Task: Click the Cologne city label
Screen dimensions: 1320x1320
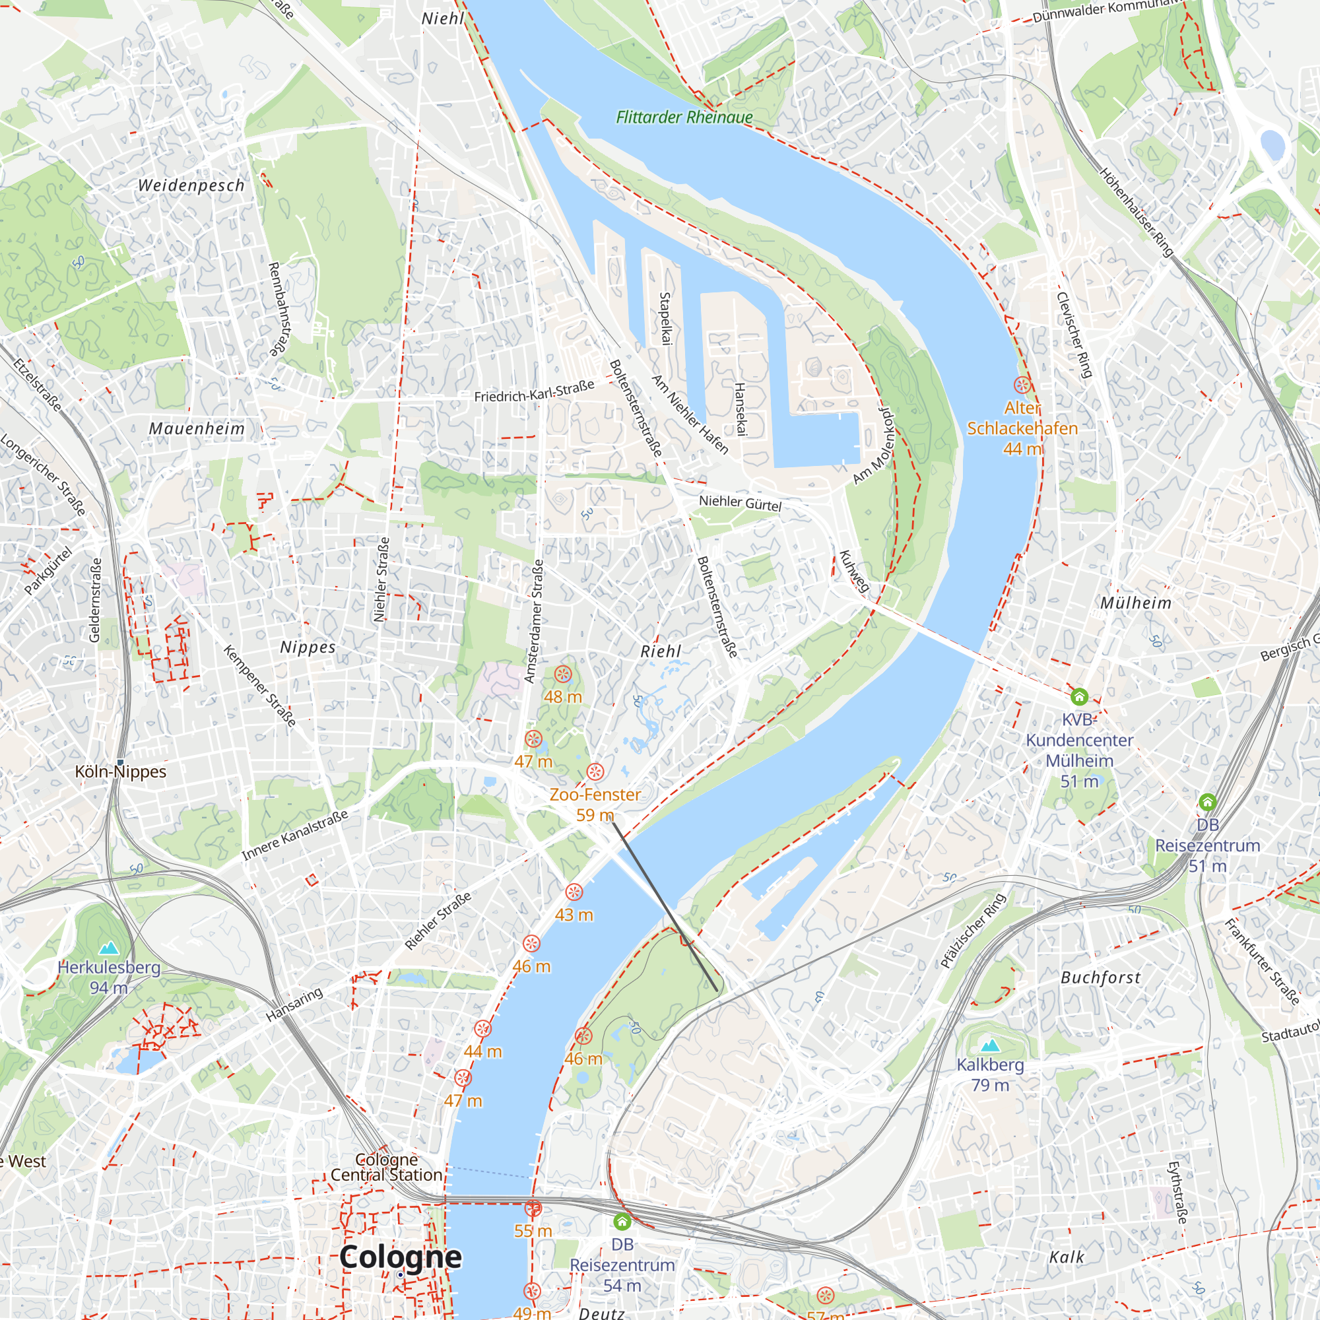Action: pos(401,1257)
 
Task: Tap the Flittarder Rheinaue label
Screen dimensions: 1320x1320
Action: pos(684,117)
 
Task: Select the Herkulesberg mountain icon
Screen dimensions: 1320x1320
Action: pos(109,948)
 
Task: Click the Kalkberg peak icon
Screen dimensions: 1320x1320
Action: pos(989,1045)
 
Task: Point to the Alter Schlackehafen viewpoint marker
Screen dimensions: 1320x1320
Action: pos(1022,385)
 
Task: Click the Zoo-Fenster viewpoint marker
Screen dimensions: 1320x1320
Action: pos(595,772)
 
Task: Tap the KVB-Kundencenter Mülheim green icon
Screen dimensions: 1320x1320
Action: pos(1079,697)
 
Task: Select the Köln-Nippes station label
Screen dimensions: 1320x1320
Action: pos(120,772)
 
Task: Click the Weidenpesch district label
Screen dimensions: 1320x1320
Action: pos(191,185)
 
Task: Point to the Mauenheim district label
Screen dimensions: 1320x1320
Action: pos(197,428)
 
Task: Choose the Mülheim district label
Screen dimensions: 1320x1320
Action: pos(1135,603)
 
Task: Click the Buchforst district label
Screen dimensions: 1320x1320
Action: pos(1101,977)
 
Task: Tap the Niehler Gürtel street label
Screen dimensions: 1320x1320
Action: pos(740,504)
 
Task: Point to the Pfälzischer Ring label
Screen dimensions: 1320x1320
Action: pos(973,931)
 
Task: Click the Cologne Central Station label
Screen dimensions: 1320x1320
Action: pos(387,1167)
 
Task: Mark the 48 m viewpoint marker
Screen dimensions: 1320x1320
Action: pos(562,675)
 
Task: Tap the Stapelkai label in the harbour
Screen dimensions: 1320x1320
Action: pos(664,318)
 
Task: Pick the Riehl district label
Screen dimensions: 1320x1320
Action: pos(660,651)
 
